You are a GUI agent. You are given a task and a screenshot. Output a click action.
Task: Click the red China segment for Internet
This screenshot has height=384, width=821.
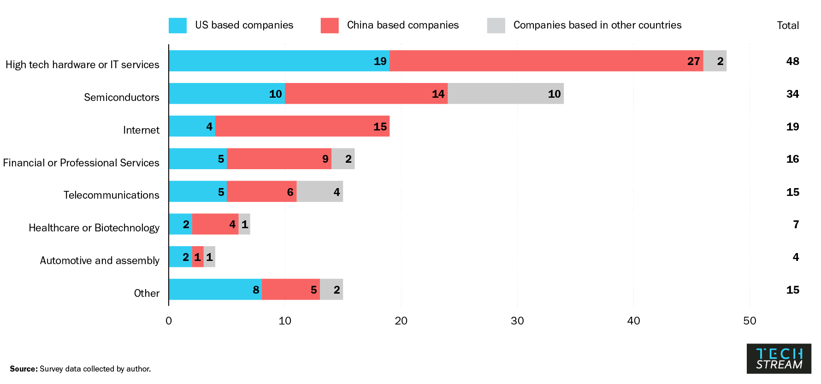[302, 126]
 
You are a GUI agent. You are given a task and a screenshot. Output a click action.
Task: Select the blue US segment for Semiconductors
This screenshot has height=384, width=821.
[226, 94]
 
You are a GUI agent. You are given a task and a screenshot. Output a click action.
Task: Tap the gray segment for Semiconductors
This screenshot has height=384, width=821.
[506, 94]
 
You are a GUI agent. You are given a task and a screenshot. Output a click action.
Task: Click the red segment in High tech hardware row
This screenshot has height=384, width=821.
[546, 61]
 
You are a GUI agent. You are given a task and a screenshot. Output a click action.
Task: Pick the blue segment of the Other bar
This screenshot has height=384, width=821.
[215, 289]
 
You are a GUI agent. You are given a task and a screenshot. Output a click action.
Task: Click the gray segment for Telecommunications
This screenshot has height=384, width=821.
[320, 191]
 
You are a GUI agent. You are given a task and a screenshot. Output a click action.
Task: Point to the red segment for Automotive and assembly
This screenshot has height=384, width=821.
[198, 257]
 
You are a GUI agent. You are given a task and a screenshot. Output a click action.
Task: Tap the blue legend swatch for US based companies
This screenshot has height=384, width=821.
[177, 25]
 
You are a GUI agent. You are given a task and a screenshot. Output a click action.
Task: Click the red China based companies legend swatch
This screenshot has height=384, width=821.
[329, 25]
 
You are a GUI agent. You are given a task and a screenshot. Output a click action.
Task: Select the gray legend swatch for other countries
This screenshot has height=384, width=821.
[496, 25]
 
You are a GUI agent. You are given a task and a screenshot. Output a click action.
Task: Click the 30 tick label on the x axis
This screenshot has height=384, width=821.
[517, 321]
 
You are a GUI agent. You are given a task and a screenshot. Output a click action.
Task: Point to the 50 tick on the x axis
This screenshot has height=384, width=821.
[750, 321]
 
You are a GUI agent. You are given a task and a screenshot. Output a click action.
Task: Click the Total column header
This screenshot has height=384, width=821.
[788, 25]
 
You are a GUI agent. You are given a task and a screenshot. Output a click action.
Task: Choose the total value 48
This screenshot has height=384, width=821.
[792, 61]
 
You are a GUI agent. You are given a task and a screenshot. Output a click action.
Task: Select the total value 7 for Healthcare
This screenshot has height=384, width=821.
[796, 224]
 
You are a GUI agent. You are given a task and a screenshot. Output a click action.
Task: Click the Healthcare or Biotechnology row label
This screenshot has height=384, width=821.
[94, 228]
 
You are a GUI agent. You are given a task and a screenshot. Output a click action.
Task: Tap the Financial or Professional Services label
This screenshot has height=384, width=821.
[81, 163]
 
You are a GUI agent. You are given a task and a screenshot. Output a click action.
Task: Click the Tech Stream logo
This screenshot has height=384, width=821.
[779, 359]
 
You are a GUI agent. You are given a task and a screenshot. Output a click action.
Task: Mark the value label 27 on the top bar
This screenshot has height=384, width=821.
[693, 61]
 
